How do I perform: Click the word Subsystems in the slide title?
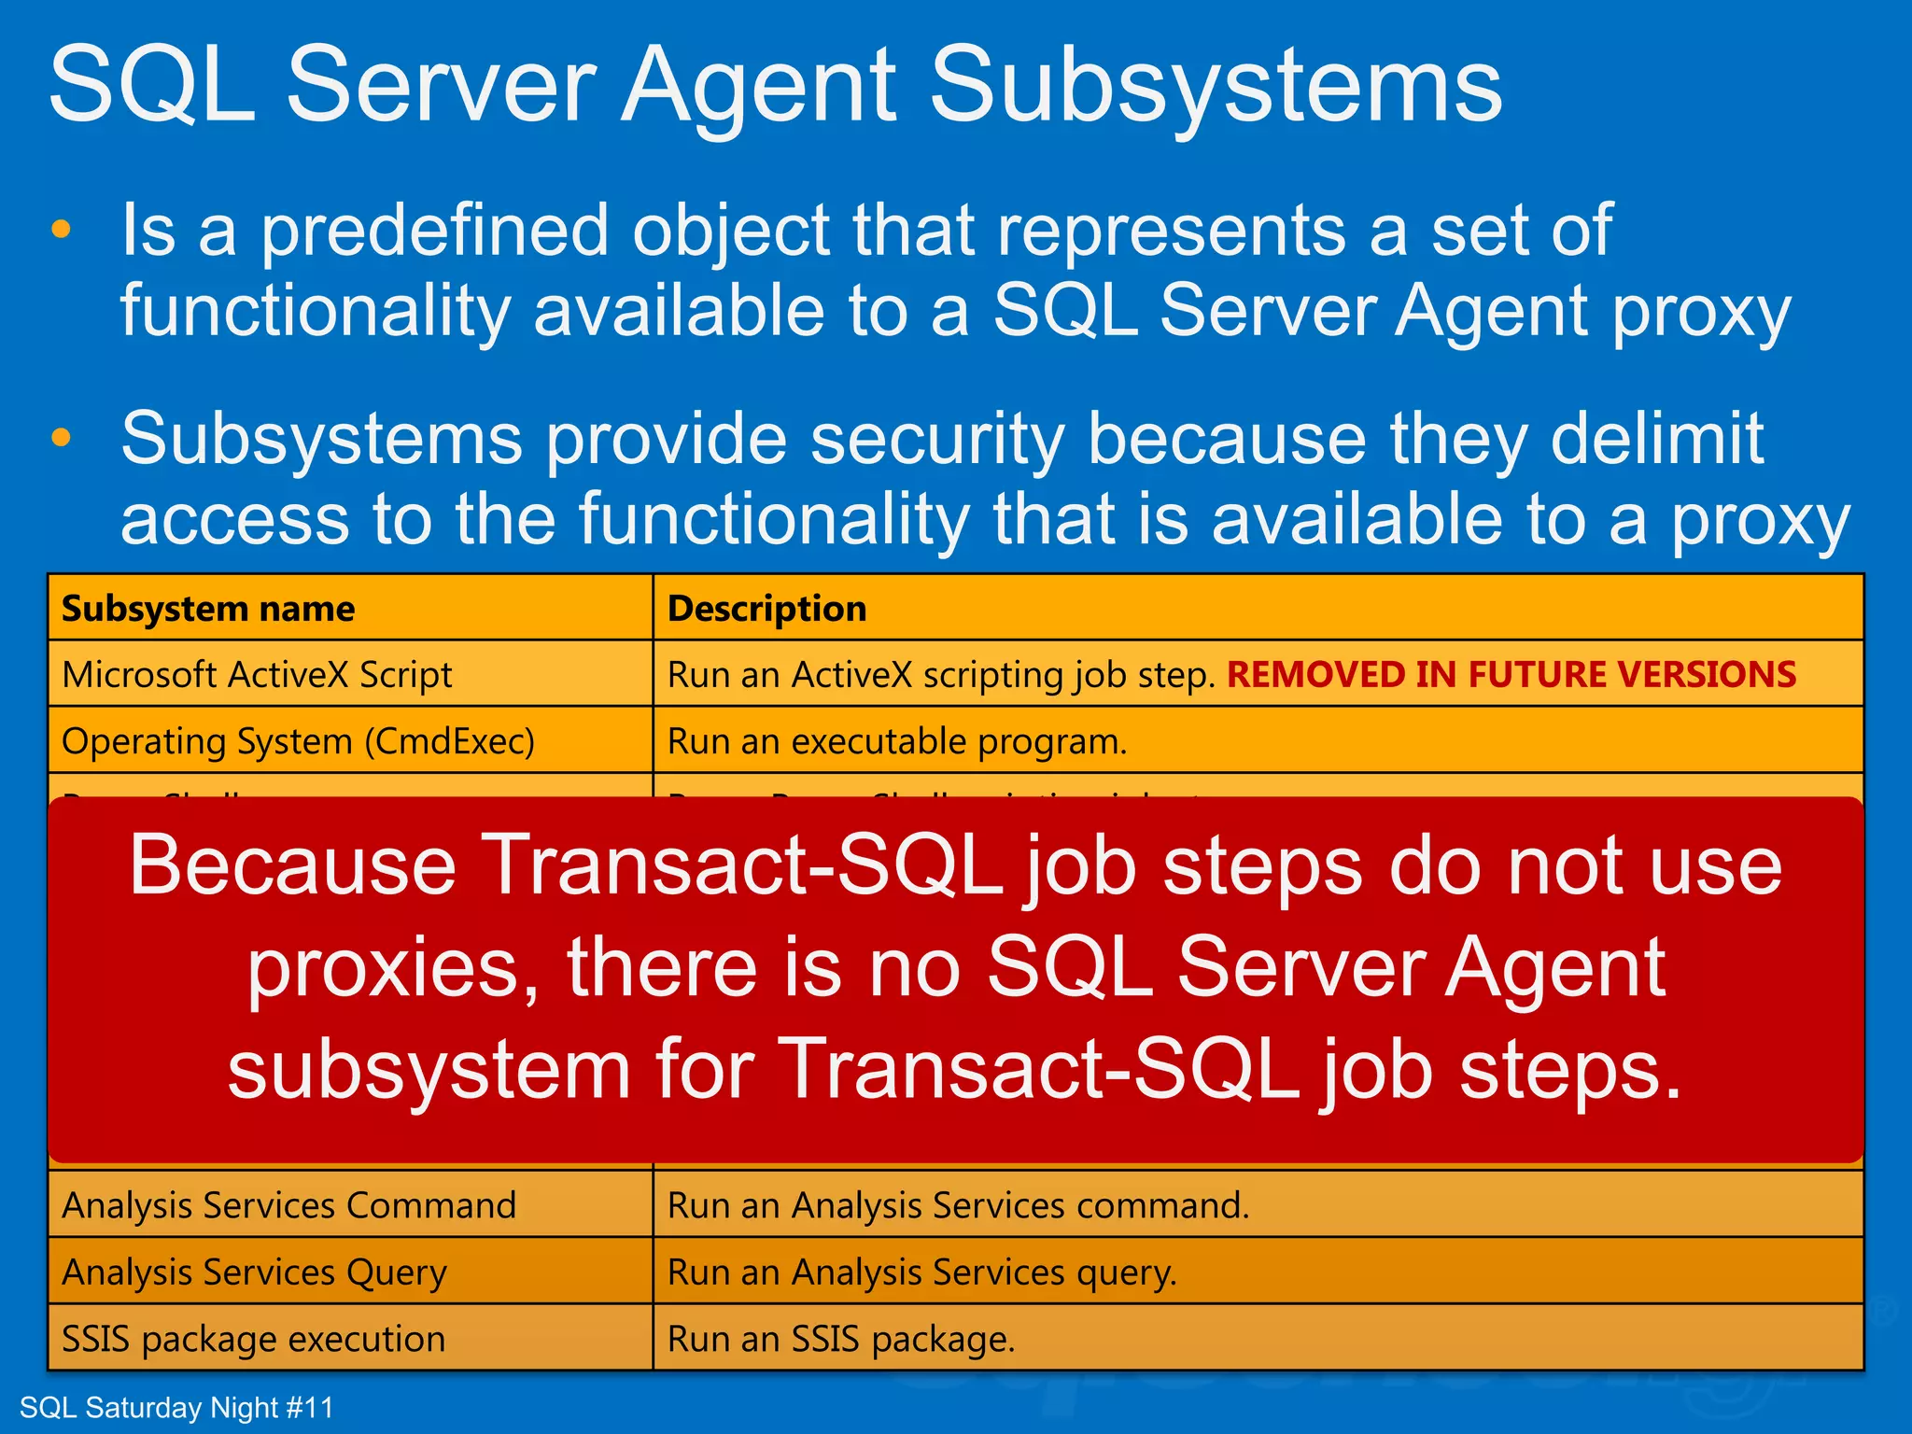click(1216, 86)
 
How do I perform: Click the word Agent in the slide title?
click(759, 86)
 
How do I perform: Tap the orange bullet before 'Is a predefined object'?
click(62, 230)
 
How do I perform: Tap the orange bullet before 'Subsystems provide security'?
click(62, 438)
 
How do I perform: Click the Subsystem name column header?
click(208, 609)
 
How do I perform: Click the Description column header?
click(766, 609)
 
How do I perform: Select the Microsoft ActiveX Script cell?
click(257, 675)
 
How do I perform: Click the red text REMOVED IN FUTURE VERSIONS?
click(1511, 675)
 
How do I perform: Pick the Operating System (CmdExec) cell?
click(298, 741)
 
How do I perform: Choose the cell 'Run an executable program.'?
click(897, 741)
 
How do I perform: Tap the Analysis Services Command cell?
click(288, 1205)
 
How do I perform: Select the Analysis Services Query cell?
click(254, 1272)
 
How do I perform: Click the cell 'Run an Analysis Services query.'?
click(921, 1272)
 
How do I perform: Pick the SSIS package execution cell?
click(253, 1339)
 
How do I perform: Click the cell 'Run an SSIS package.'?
click(840, 1339)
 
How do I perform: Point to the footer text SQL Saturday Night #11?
click(176, 1408)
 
